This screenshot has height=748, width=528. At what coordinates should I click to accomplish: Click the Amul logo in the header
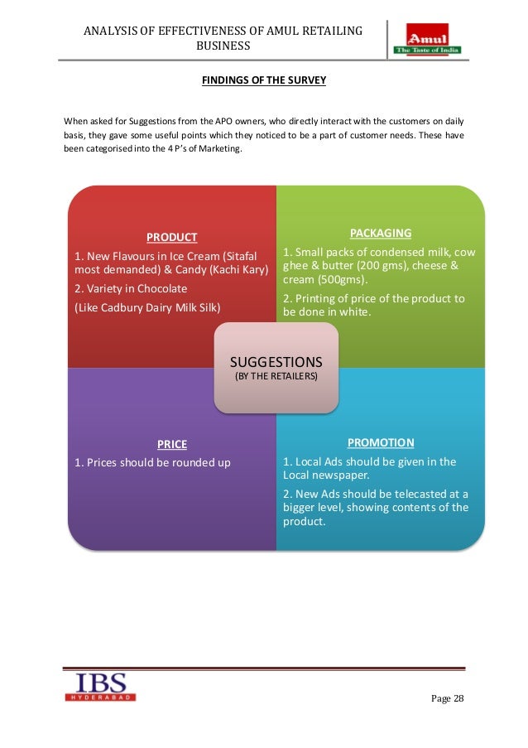432,39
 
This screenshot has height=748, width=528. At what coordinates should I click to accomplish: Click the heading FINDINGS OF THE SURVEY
264,80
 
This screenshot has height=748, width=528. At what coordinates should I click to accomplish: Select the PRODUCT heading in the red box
172,237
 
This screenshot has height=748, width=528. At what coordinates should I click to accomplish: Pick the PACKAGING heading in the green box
381,233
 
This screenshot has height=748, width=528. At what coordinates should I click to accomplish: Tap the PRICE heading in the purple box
172,443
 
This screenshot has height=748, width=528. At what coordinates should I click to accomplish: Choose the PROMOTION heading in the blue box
381,442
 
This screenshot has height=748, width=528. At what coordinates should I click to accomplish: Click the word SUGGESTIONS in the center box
276,362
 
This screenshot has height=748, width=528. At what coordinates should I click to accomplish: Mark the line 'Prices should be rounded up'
152,462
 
